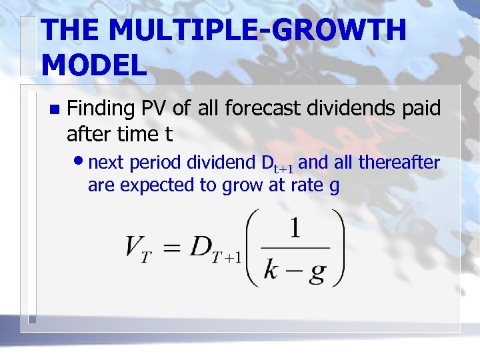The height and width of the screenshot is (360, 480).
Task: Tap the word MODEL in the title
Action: pos(93,65)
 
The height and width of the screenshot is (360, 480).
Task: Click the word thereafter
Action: pos(399,162)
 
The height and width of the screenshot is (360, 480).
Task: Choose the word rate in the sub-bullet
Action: pos(305,186)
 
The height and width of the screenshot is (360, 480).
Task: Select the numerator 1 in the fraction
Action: pos(293,230)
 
